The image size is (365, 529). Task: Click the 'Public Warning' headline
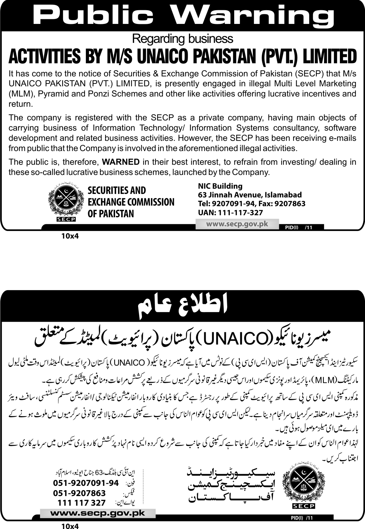tap(183, 15)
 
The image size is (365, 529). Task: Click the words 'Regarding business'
tap(182, 38)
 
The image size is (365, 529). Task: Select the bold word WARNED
tap(121, 162)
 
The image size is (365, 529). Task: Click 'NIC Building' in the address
tap(220, 186)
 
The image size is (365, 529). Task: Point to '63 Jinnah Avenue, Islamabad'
tap(250, 195)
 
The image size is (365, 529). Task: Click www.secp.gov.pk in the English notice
tap(237, 224)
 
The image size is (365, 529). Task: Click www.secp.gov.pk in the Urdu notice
tap(98, 513)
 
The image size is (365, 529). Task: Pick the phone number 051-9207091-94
tap(86, 483)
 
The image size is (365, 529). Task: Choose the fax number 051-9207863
tap(79, 493)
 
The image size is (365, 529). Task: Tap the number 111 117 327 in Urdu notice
tap(81, 503)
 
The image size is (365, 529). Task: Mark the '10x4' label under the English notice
tap(70, 236)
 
